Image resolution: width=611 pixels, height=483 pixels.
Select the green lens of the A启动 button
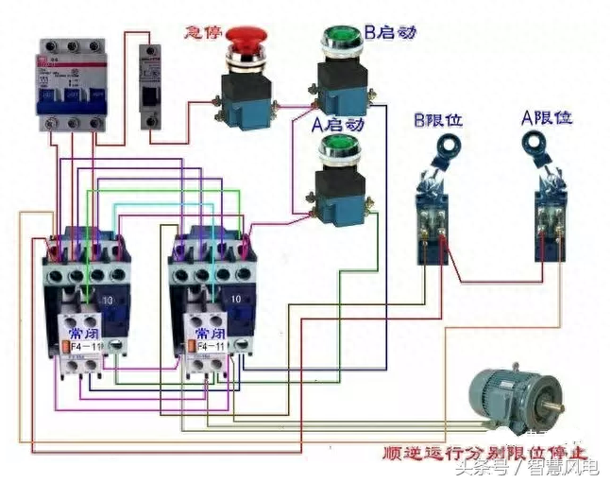[x=337, y=146]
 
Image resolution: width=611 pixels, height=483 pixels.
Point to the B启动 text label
[x=389, y=33]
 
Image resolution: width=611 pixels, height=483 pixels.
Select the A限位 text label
[x=547, y=118]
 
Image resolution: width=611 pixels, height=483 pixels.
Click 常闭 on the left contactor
[x=77, y=335]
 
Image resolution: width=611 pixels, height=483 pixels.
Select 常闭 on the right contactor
[x=210, y=335]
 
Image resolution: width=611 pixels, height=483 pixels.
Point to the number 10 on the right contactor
[x=236, y=299]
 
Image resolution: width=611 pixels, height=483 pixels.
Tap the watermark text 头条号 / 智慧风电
[x=527, y=468]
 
